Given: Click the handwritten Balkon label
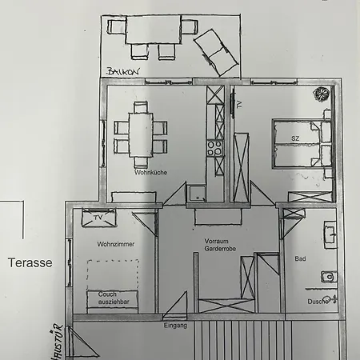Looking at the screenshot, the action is coord(123,71).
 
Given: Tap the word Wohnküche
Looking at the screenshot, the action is coord(150,173).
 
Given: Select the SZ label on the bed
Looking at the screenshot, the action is coord(295,138).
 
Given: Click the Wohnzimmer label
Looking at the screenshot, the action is coord(116,244).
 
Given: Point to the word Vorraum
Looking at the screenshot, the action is coord(216,241).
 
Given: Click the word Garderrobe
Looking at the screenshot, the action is coord(220,249).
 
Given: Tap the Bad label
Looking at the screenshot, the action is coord(300,258).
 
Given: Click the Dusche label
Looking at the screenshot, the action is coord(318,302).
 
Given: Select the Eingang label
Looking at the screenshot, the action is coord(175,326).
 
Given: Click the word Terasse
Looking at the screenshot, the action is coord(30,262).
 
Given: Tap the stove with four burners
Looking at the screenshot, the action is coord(215,148).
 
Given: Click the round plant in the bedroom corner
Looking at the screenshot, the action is coord(322,94).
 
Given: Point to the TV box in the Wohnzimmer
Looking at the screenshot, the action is coord(98,218).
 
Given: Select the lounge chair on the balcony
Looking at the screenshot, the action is coord(216,52).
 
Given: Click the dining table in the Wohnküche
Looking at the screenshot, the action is coord(141,135).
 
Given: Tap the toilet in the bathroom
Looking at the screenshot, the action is coord(329,277).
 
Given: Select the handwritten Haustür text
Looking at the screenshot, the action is coord(58,342).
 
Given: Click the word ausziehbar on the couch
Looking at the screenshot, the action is coord(114,302).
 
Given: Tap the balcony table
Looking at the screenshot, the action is coord(154,30).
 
